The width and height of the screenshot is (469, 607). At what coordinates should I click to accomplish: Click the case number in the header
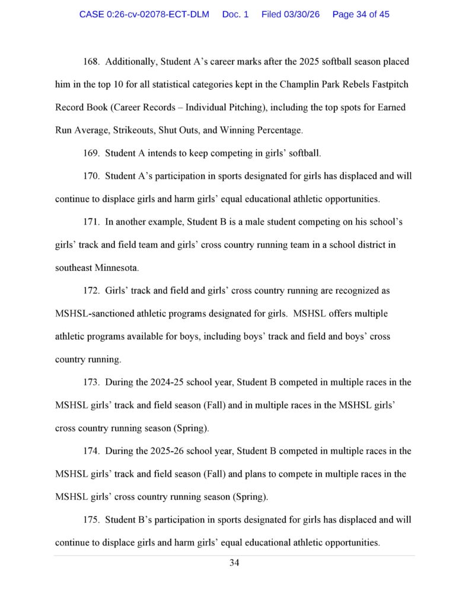pyautogui.click(x=144, y=14)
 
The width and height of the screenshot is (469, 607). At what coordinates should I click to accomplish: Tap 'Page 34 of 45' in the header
pyautogui.click(x=361, y=14)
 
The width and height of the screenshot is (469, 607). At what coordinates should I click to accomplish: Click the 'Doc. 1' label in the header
pyautogui.click(x=235, y=14)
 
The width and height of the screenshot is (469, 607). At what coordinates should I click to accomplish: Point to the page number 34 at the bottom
pyautogui.click(x=234, y=563)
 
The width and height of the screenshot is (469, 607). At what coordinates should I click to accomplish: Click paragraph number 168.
pyautogui.click(x=91, y=62)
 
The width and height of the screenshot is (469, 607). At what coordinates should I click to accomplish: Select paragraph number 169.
pyautogui.click(x=91, y=154)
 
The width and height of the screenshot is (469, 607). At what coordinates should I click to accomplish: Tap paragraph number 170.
pyautogui.click(x=91, y=176)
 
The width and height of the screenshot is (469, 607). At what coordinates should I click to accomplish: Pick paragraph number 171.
pyautogui.click(x=91, y=222)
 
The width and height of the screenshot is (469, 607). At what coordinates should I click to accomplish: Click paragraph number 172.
pyautogui.click(x=91, y=291)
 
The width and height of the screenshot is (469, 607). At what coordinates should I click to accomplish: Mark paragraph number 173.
pyautogui.click(x=91, y=382)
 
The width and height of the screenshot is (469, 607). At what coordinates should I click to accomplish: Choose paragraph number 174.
pyautogui.click(x=91, y=451)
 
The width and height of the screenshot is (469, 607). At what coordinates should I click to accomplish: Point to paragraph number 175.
pyautogui.click(x=91, y=520)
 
